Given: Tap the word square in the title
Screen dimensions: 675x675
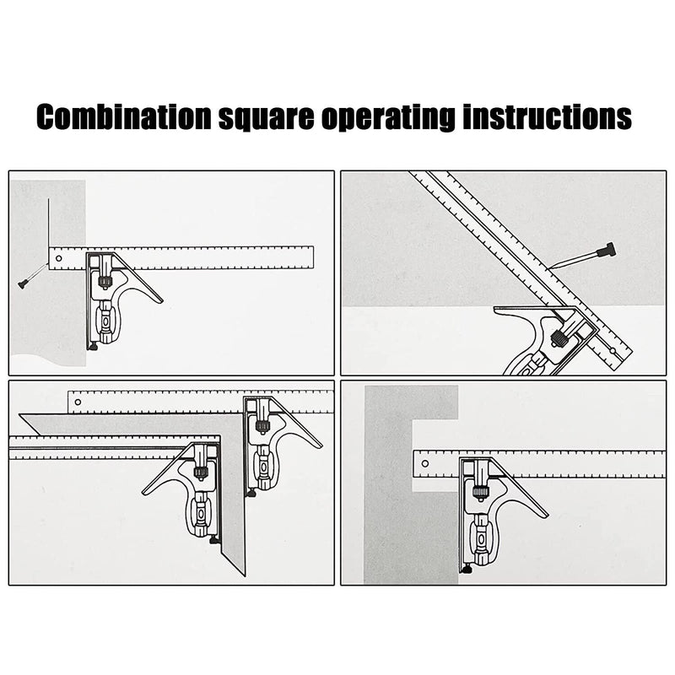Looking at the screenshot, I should [x=268, y=117].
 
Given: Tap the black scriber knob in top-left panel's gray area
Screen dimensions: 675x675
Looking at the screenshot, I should [x=23, y=284].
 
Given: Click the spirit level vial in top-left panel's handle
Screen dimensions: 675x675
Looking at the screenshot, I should [x=105, y=320].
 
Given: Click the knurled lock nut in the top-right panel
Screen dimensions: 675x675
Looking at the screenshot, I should [x=559, y=338].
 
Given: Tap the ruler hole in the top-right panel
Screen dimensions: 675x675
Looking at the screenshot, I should [x=608, y=348].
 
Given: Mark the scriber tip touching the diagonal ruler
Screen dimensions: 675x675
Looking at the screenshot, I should [x=548, y=269].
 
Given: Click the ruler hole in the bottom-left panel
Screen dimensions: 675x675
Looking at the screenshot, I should [x=78, y=402].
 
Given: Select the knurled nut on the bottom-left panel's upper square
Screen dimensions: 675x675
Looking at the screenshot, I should [x=262, y=425].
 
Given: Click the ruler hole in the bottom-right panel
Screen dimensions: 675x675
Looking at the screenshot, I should [x=423, y=463].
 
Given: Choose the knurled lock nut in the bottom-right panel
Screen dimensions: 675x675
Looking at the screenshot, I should [x=481, y=492].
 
